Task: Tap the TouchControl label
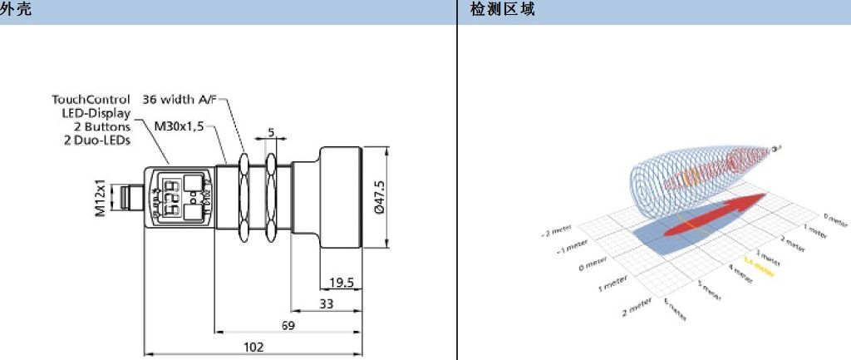coord(91,99)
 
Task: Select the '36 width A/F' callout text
coord(180,99)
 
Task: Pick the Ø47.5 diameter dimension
coord(380,198)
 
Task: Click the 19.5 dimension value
coord(341,283)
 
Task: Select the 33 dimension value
coord(326,304)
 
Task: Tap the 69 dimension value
coord(288,325)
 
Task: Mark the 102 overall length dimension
coord(253,347)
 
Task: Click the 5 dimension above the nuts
coord(270,132)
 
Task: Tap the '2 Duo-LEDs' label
coord(97,140)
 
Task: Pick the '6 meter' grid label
coord(675,311)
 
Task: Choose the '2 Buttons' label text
coord(102,126)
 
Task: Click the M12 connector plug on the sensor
coord(132,199)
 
